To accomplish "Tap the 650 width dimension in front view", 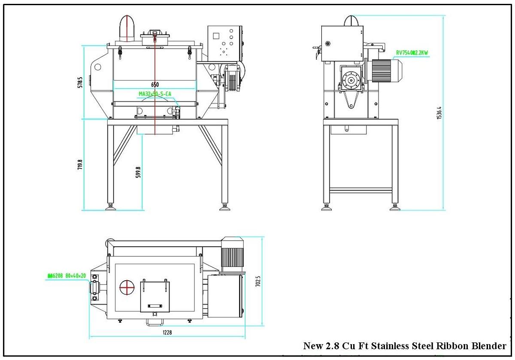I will pos(154,85).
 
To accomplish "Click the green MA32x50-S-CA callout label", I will pos(155,93).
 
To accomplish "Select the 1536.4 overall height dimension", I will pos(439,113).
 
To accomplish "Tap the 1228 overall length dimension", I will pos(167,333).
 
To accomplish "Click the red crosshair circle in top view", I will pos(127,287).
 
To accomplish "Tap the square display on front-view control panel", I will pos(216,36).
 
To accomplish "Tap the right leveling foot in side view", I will pos(395,208).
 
